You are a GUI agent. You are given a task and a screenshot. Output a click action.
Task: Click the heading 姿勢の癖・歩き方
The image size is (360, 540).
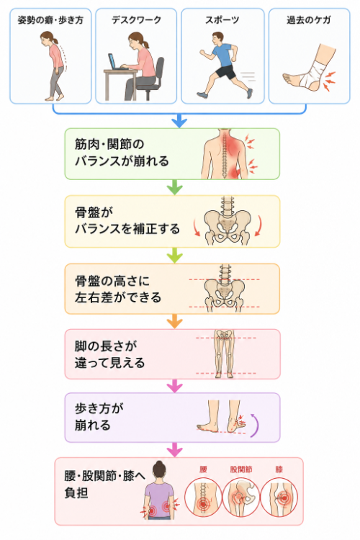click(x=50, y=20)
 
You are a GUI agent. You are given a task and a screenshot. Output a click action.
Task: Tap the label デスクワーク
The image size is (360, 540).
click(x=136, y=20)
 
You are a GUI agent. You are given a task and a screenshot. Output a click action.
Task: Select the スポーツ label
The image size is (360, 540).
click(x=222, y=20)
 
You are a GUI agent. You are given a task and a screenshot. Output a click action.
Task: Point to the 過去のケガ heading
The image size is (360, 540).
click(x=309, y=20)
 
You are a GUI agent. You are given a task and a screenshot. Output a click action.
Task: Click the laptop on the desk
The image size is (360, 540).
click(x=115, y=62)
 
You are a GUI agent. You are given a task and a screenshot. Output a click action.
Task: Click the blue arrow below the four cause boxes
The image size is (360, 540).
click(x=179, y=121)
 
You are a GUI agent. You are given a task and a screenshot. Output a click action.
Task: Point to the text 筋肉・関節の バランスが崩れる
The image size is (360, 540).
click(x=122, y=152)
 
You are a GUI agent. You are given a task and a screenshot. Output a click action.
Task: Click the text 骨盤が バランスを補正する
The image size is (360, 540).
click(x=127, y=220)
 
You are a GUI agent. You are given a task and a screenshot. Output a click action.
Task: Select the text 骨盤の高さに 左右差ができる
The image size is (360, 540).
click(x=118, y=289)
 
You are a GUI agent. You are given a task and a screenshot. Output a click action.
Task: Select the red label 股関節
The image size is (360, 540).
click(x=240, y=469)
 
